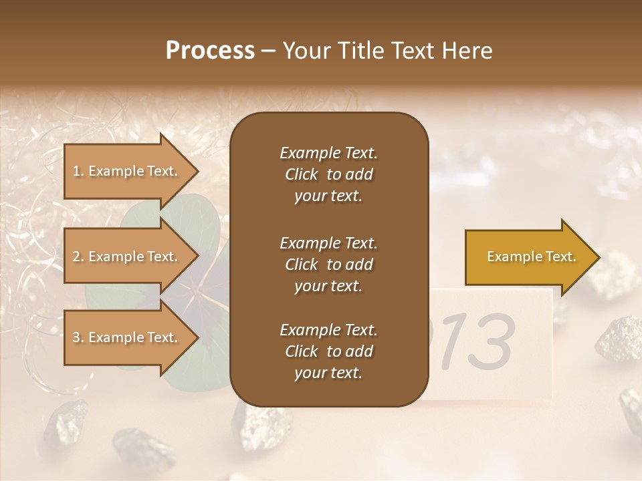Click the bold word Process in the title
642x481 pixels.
tap(210, 51)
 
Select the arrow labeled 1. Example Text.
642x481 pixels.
tap(127, 171)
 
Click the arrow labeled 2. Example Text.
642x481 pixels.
tap(127, 257)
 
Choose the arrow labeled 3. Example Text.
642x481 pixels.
tap(127, 337)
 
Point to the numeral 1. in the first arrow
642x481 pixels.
tap(78, 171)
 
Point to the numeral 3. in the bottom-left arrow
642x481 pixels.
tap(78, 337)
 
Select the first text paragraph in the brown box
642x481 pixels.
tap(328, 174)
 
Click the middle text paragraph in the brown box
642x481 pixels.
tap(328, 264)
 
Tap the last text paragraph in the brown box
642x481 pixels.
tap(328, 351)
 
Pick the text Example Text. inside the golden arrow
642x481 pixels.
tap(531, 257)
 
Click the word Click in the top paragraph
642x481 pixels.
tap(302, 174)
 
